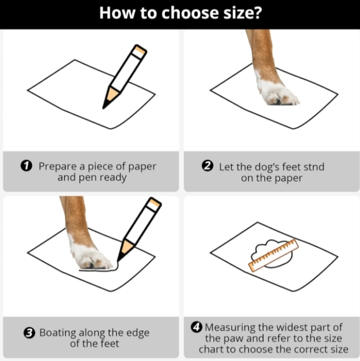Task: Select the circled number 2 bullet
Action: coord(207,166)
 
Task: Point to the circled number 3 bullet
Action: coord(29,333)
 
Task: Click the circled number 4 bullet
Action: coord(197,327)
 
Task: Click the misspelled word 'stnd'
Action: coord(314,167)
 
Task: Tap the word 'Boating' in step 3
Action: coord(57,333)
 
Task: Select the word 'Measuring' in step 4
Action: coord(230,327)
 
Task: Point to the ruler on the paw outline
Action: coord(273,255)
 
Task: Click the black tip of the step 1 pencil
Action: coord(105,105)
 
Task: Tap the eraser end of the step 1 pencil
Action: coord(139,51)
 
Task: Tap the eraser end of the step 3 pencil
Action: coord(154,204)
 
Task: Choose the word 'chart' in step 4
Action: coord(211,350)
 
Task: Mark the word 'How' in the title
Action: coord(117,13)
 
